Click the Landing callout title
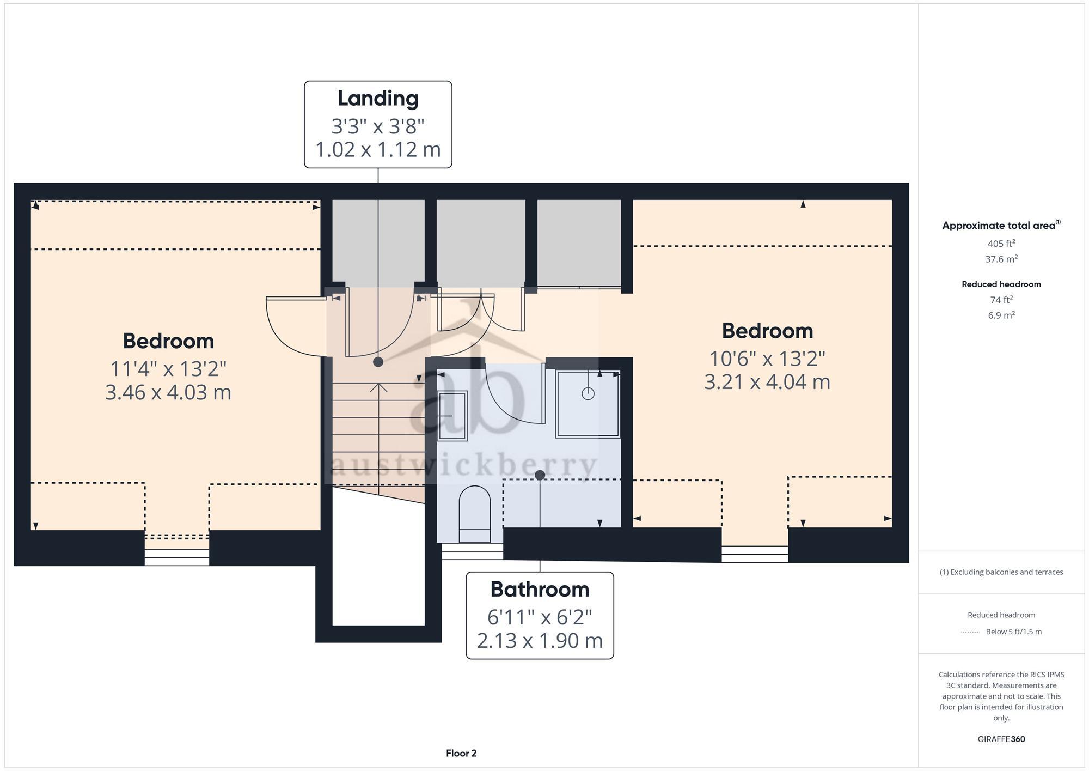click(378, 99)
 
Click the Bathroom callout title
click(540, 590)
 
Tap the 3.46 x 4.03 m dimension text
click(168, 392)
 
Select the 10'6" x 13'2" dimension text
click(767, 359)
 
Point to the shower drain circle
click(588, 393)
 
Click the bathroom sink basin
click(451, 416)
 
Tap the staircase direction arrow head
click(378, 387)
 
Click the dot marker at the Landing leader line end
click(378, 362)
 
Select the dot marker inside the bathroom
click(540, 475)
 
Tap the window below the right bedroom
click(755, 554)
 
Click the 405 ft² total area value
click(1001, 244)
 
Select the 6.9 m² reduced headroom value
click(1001, 315)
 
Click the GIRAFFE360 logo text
click(1001, 739)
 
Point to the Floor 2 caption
click(461, 754)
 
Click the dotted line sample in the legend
click(970, 632)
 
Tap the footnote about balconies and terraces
click(1001, 572)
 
